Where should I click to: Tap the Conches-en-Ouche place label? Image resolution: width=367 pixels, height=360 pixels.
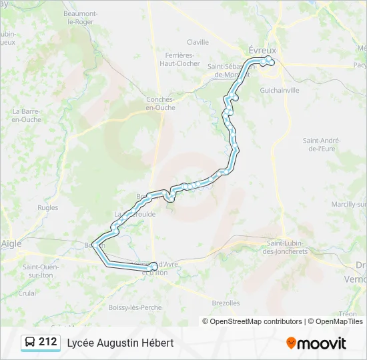[160, 103]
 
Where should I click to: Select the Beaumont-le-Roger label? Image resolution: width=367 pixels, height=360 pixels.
[80, 17]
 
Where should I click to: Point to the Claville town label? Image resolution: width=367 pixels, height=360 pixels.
[198, 42]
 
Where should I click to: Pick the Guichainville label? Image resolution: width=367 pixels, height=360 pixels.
[280, 90]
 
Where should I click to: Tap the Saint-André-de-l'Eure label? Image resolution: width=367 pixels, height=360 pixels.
[322, 145]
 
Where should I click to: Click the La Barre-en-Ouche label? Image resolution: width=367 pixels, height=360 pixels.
[27, 115]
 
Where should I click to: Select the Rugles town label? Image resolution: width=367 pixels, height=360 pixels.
[48, 208]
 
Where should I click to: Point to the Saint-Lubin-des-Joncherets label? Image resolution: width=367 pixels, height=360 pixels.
[286, 247]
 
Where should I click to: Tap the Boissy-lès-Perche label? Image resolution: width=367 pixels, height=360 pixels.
[135, 307]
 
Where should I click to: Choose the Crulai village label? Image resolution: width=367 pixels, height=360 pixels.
[27, 293]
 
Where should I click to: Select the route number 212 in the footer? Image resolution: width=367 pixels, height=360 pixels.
[47, 342]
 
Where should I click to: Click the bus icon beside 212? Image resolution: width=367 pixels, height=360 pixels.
[30, 343]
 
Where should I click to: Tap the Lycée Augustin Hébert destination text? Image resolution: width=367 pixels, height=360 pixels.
[120, 343]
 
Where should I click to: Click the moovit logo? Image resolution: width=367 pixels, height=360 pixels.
[316, 343]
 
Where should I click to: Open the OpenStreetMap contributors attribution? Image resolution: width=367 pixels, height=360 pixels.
[256, 321]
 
